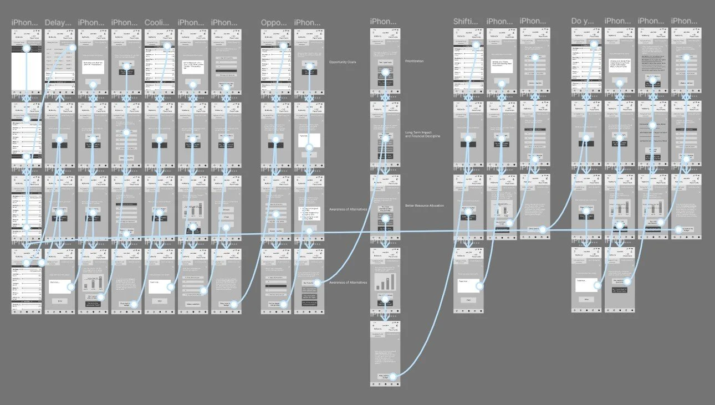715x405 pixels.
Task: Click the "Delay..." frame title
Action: click(x=58, y=23)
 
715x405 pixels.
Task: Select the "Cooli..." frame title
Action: click(x=157, y=23)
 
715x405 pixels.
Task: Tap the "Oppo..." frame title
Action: click(x=274, y=23)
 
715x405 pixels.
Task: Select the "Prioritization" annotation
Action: click(x=415, y=61)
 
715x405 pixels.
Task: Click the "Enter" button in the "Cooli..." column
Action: click(x=159, y=301)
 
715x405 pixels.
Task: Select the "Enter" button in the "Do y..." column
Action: click(x=585, y=300)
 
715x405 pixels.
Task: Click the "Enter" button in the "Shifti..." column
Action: click(x=467, y=300)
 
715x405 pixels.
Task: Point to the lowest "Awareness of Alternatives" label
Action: click(x=348, y=283)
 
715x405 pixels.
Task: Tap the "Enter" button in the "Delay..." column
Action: click(x=59, y=301)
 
